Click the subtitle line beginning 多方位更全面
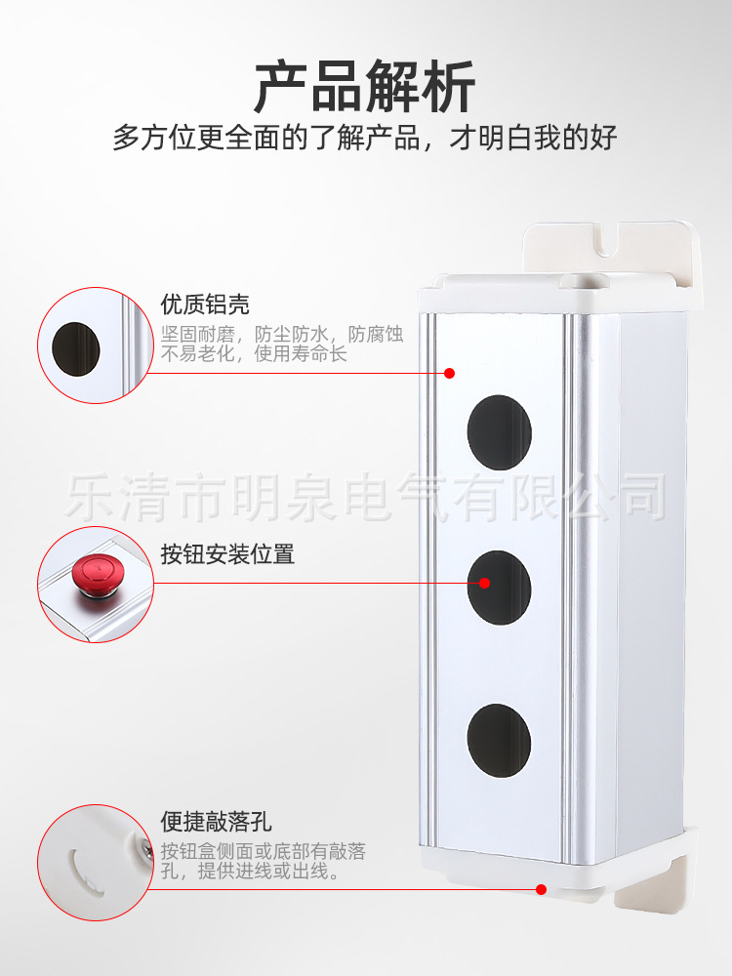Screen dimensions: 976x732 [x=365, y=138]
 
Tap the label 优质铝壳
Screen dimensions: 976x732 [x=205, y=305]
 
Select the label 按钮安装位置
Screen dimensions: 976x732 [x=227, y=554]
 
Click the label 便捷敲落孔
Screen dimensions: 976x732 [x=217, y=822]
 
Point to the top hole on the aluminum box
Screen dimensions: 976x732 [x=499, y=432]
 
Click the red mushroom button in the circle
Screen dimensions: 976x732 [x=96, y=573]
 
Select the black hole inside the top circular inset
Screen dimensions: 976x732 [x=75, y=347]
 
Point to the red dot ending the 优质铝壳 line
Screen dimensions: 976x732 [x=450, y=373]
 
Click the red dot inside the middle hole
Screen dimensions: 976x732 [x=485, y=584]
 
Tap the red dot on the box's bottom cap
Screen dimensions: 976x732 [x=541, y=889]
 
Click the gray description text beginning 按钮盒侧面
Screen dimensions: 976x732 [x=264, y=862]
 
